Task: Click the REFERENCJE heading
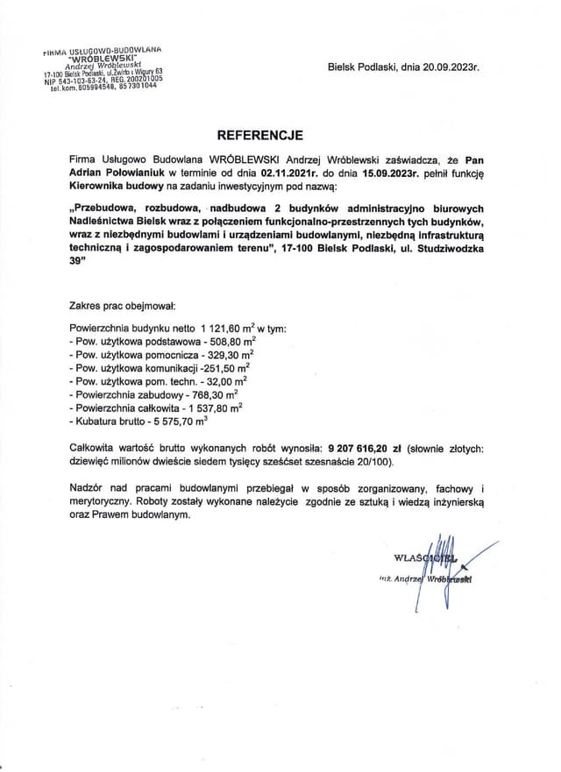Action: coord(259,136)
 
